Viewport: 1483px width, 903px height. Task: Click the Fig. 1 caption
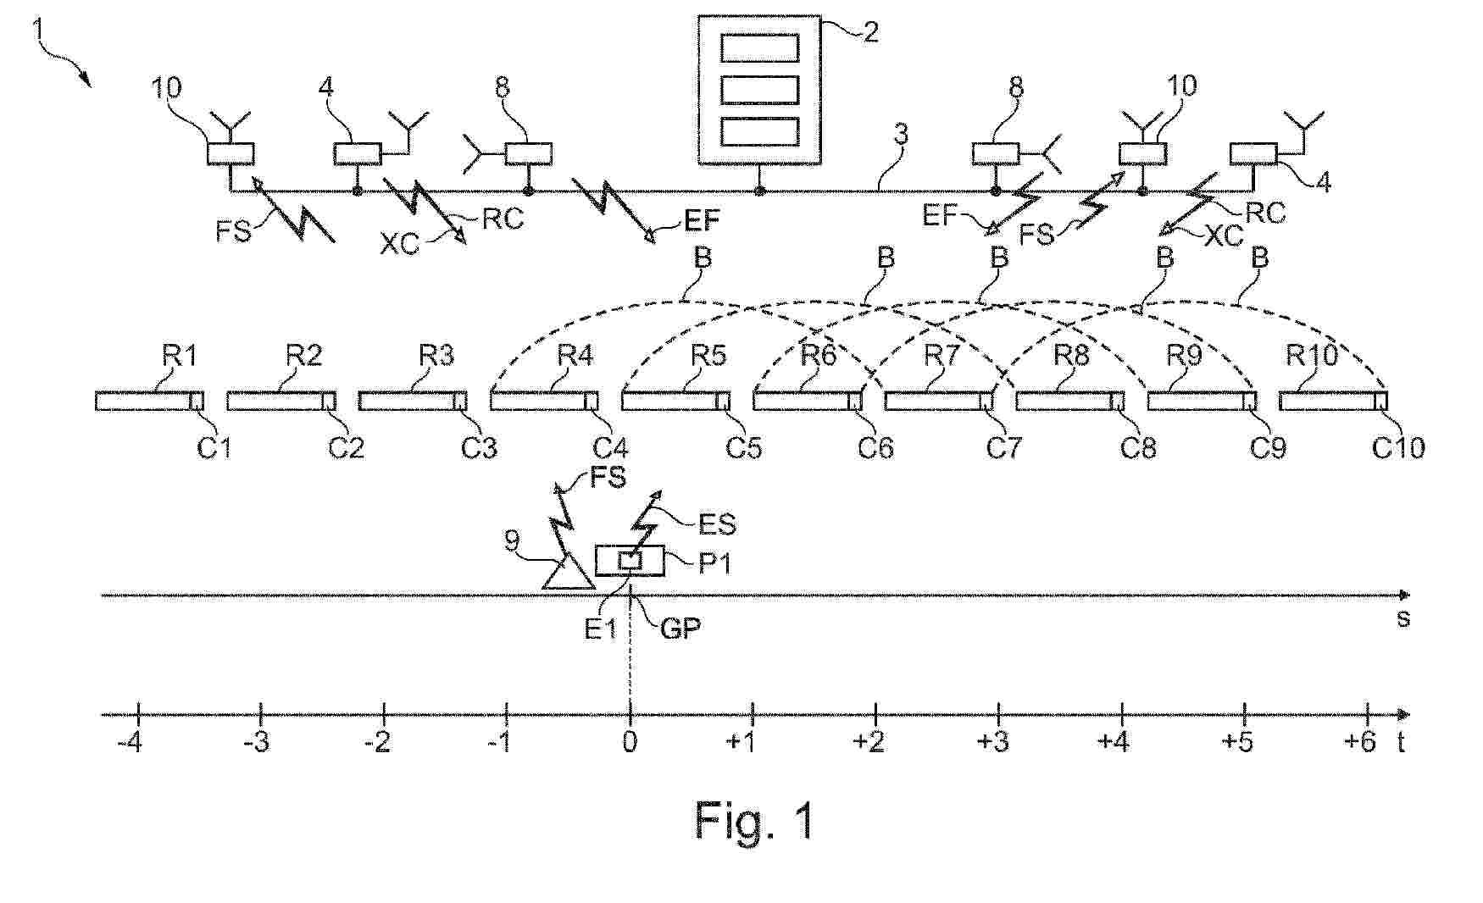[754, 820]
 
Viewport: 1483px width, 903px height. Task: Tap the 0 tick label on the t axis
[630, 742]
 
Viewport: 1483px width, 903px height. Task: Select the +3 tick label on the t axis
[993, 742]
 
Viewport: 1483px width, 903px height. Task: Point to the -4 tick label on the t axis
[130, 743]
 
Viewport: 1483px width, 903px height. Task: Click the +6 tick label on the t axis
[1360, 742]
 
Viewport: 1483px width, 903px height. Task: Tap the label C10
[1398, 446]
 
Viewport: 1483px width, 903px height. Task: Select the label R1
[180, 356]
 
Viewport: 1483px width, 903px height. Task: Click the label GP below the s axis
[680, 629]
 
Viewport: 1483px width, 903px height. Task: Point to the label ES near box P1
[717, 524]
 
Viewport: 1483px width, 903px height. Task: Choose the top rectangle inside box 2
[759, 47]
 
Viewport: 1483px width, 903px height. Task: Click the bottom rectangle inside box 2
[759, 130]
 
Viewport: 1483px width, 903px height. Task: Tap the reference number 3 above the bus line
[901, 135]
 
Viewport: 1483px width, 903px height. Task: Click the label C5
[743, 446]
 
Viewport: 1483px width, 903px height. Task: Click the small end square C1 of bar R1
[197, 402]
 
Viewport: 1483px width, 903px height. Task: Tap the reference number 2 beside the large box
[870, 31]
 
